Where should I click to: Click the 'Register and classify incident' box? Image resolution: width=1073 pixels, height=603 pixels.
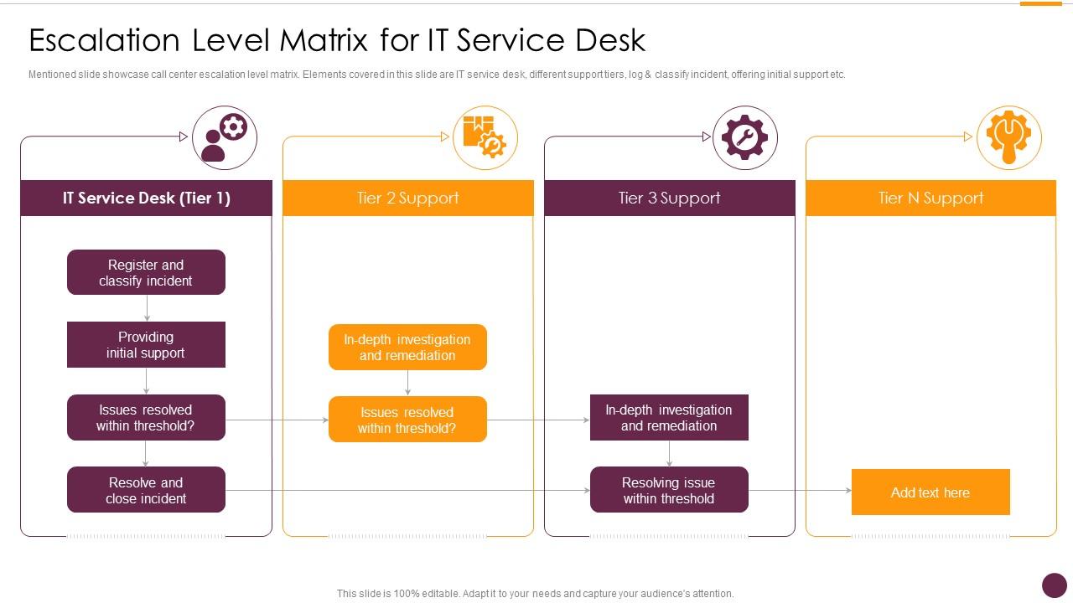click(146, 272)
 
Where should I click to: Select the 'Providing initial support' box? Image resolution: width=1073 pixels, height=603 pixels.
click(146, 344)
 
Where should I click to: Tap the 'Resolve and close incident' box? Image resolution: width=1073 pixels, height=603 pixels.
click(146, 490)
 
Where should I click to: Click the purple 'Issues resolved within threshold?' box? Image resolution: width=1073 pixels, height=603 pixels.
click(146, 417)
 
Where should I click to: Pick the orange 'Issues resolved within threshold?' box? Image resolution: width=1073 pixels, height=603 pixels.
click(407, 420)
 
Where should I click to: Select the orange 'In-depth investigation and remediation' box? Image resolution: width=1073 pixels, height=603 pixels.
click(407, 347)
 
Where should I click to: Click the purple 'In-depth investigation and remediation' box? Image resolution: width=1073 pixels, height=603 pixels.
click(669, 417)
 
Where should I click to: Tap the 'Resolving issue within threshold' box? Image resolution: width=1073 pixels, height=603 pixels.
click(669, 490)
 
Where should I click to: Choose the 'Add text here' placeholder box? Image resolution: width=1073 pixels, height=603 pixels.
click(930, 492)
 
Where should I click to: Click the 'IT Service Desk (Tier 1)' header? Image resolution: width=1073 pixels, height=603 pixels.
click(146, 198)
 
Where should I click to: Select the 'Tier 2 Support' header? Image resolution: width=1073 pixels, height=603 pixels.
click(407, 198)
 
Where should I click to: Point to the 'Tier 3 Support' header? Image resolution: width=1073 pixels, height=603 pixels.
click(669, 198)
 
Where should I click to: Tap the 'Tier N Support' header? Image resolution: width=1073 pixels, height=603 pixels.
click(930, 198)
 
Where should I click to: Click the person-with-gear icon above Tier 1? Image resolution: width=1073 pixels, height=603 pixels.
click(224, 137)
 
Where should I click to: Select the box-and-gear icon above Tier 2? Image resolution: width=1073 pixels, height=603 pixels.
click(485, 137)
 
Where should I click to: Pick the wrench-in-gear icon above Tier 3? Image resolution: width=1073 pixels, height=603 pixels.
click(745, 137)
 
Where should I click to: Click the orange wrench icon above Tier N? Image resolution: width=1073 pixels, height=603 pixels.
click(1008, 137)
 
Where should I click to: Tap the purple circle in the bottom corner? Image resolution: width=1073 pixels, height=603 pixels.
click(1054, 585)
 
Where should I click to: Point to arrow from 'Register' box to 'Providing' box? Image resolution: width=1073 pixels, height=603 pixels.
click(147, 308)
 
